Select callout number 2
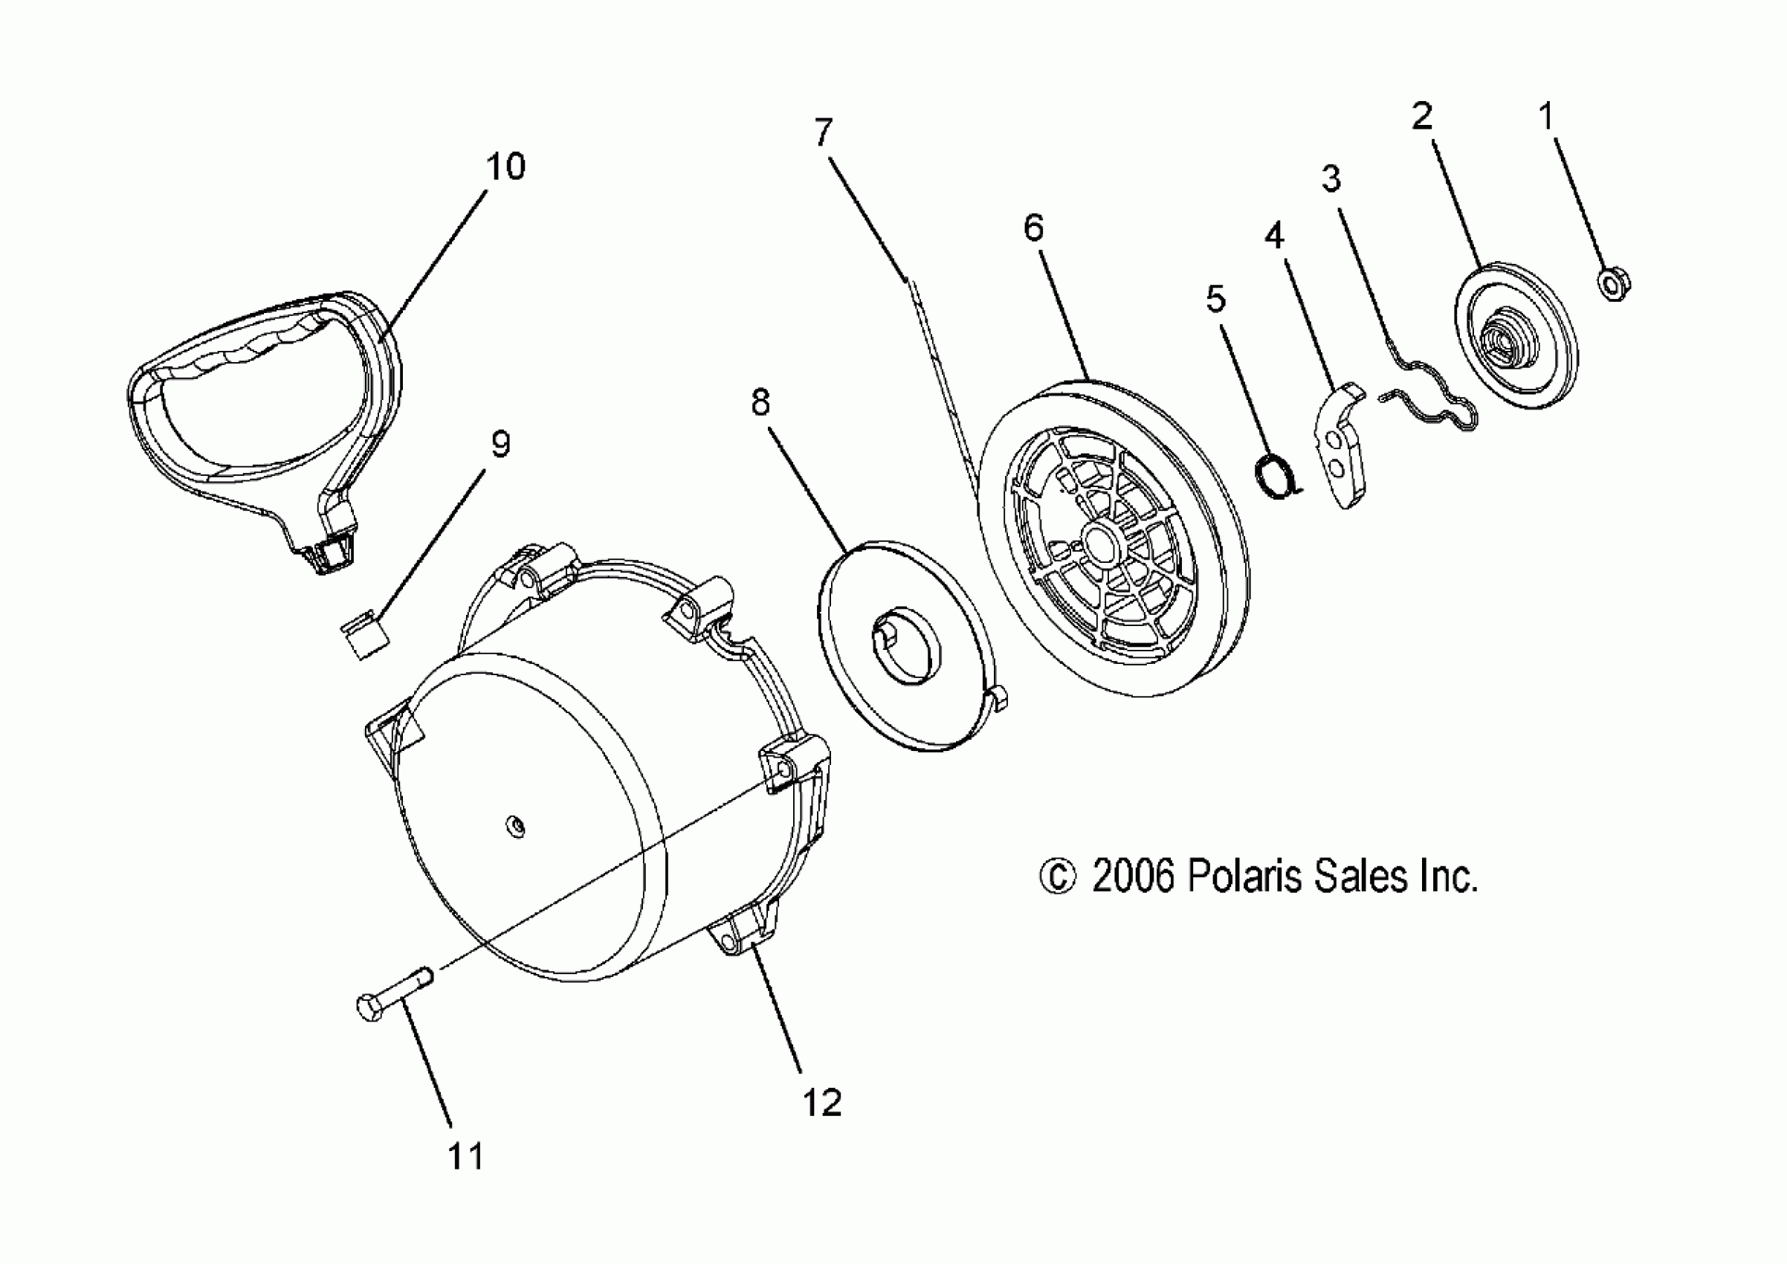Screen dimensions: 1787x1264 (x=1421, y=117)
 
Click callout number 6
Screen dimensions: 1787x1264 (x=1033, y=229)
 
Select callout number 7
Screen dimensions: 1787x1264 (x=824, y=133)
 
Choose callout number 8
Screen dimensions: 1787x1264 (x=760, y=403)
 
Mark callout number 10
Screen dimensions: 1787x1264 (x=506, y=167)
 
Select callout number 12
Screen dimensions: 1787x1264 (x=822, y=1103)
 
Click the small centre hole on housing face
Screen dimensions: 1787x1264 (x=514, y=825)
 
